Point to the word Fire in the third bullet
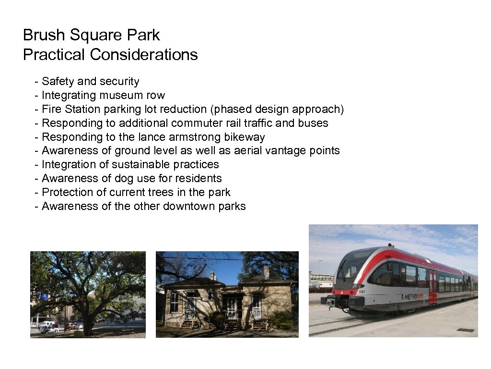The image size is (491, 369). click(51, 110)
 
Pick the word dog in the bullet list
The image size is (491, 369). click(124, 178)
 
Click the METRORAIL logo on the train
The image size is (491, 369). click(413, 297)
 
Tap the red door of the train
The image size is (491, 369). click(433, 287)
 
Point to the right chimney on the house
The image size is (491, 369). click(266, 273)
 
